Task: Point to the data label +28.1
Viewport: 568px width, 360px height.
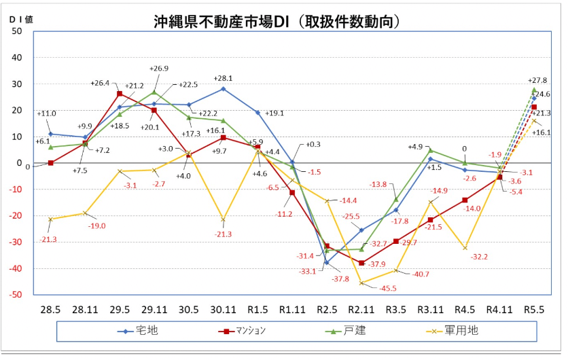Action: coord(223,78)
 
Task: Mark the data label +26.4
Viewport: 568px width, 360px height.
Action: coord(100,84)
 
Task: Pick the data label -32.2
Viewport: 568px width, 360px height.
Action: coord(479,257)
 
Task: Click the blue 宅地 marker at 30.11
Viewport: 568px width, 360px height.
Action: coord(223,89)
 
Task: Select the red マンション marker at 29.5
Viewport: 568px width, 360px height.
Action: coord(120,94)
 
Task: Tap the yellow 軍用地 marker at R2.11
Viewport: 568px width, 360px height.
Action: coord(361,283)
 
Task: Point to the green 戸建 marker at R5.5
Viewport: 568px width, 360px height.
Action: coord(534,90)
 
